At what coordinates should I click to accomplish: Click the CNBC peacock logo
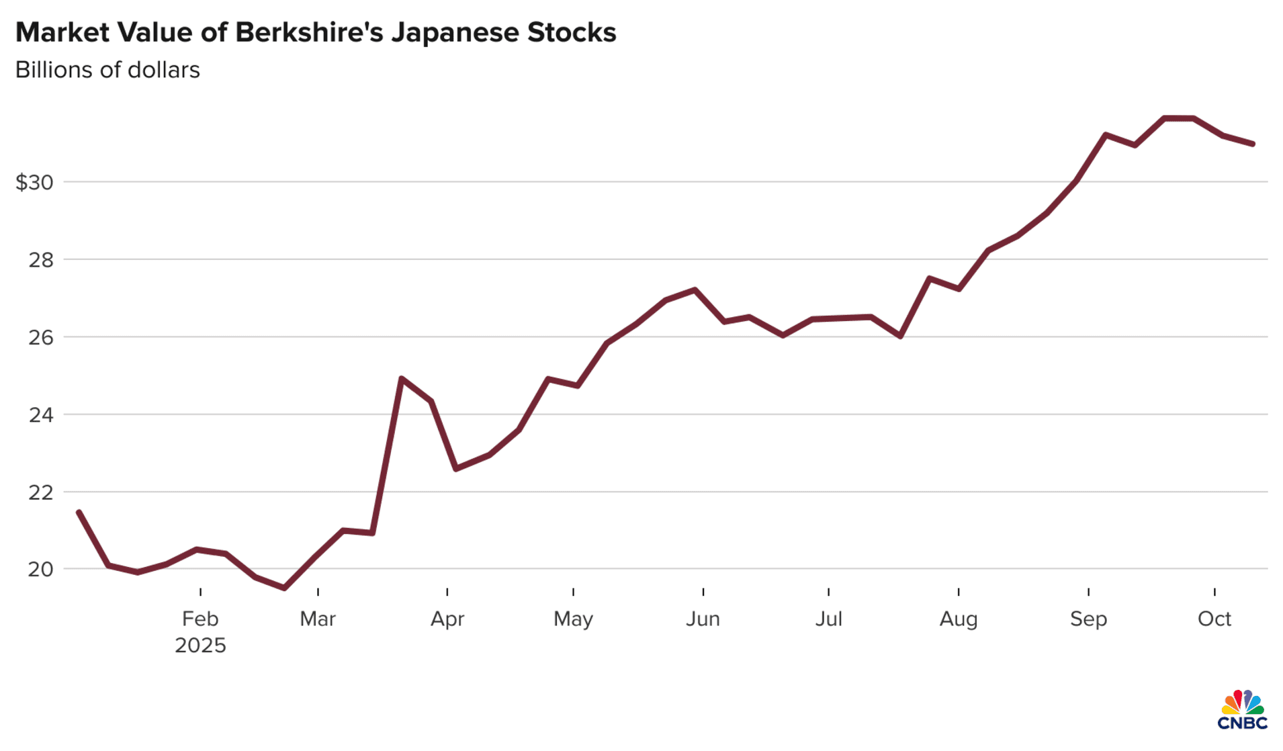click(x=1242, y=709)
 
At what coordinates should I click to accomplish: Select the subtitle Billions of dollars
click(x=107, y=70)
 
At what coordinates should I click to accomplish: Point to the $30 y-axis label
click(x=34, y=182)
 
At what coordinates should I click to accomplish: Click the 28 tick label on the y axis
click(x=40, y=260)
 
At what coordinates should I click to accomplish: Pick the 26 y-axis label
click(x=40, y=337)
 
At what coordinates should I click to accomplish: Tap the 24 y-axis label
click(x=40, y=415)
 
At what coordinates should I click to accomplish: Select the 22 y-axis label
click(x=40, y=492)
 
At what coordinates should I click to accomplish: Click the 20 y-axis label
click(x=40, y=570)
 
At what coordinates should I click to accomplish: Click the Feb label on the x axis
click(x=200, y=619)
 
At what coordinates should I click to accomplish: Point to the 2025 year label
click(x=200, y=646)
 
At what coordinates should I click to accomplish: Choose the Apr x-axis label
click(x=447, y=619)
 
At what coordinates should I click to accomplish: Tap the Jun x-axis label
click(x=703, y=619)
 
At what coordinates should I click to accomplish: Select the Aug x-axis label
click(x=959, y=619)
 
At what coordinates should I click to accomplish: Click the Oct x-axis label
click(x=1214, y=619)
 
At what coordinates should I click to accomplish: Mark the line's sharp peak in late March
click(x=401, y=379)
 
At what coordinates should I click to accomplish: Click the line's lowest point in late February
click(x=284, y=588)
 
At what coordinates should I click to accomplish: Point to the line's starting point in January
click(x=79, y=512)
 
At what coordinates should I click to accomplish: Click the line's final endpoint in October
click(x=1253, y=144)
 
